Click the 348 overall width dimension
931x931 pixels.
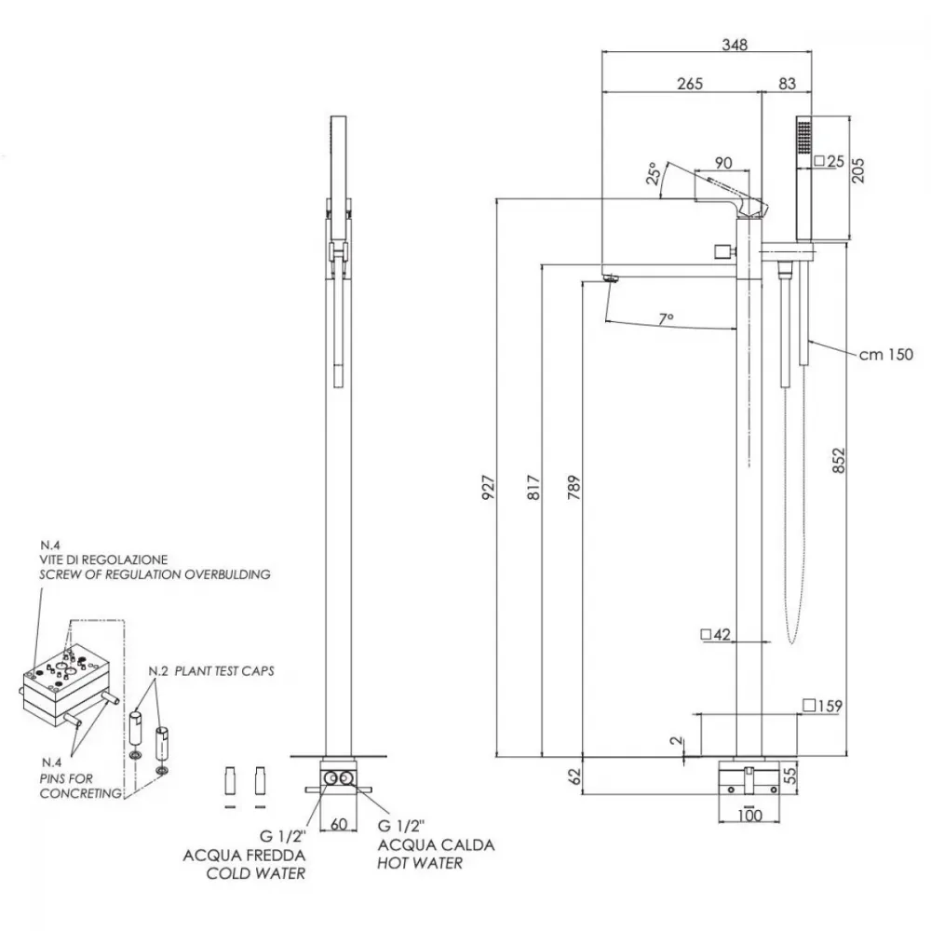(x=735, y=45)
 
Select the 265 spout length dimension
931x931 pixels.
(x=690, y=84)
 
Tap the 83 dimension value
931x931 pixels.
(x=787, y=84)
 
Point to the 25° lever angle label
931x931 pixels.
(x=654, y=173)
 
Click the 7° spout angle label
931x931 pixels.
(x=667, y=318)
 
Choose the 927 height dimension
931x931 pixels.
(x=488, y=487)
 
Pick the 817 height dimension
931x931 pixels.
(x=533, y=487)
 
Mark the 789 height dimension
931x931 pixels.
(x=573, y=487)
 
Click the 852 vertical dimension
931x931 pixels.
(x=838, y=460)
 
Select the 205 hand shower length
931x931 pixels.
(x=857, y=170)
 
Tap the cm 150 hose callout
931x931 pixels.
(x=886, y=355)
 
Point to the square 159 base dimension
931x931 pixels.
(x=822, y=706)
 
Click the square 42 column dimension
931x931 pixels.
(x=715, y=635)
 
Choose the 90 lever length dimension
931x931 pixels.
(x=723, y=163)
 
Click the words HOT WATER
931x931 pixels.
(x=420, y=863)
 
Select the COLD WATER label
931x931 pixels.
(x=256, y=873)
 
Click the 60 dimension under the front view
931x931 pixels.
(x=339, y=824)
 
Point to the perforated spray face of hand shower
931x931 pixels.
(x=803, y=136)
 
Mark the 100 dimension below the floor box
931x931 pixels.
(x=749, y=816)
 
